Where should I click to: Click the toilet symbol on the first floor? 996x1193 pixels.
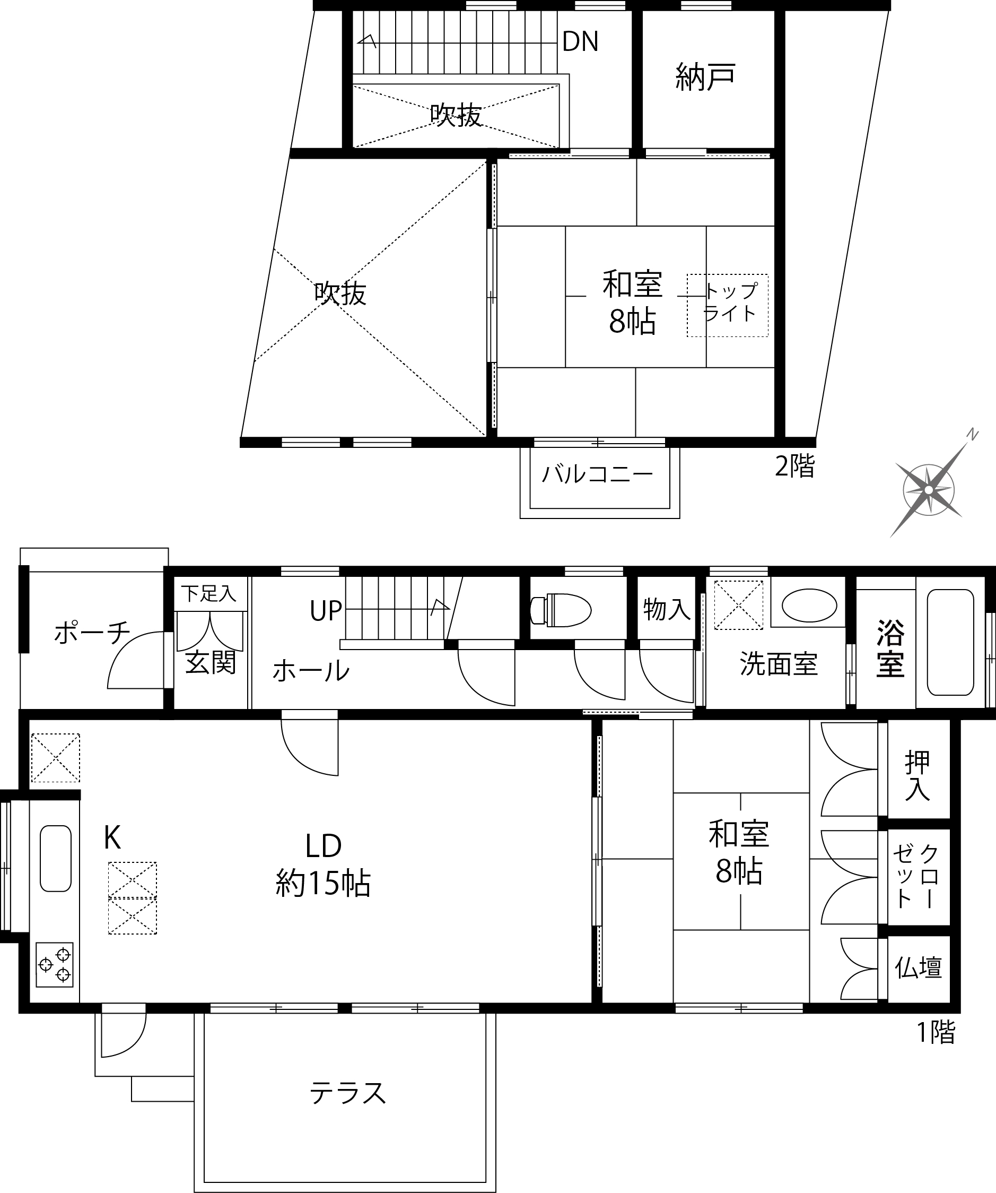click(561, 610)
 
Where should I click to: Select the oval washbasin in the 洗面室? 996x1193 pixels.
click(809, 606)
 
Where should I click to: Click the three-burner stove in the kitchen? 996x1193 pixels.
click(55, 965)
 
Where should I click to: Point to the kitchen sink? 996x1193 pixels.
click(56, 858)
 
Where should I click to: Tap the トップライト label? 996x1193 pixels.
click(730, 302)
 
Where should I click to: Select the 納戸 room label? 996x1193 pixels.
click(706, 77)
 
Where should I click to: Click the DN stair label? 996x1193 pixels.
click(580, 41)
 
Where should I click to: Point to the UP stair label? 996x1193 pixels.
click(326, 611)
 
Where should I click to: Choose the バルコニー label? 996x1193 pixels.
click(597, 474)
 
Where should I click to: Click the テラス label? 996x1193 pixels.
click(348, 1093)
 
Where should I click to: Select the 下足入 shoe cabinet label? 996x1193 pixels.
click(209, 594)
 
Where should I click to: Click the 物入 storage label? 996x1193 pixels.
click(667, 610)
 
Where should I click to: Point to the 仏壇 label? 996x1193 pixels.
click(918, 967)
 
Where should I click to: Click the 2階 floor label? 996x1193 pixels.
click(795, 466)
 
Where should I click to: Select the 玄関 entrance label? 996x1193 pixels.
click(211, 662)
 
